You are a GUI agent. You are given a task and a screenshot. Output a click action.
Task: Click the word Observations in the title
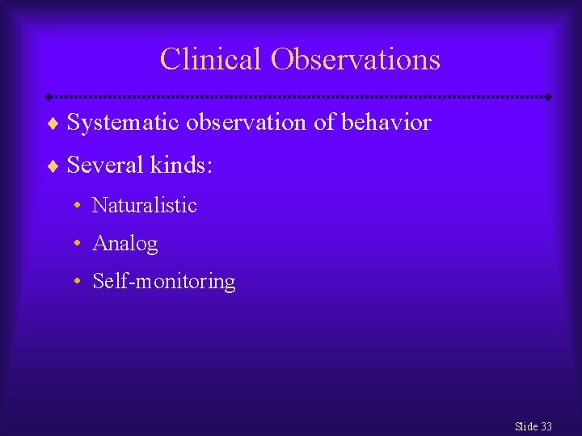(356, 60)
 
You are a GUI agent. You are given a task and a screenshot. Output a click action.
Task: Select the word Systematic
(124, 123)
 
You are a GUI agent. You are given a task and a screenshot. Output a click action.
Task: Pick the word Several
(104, 166)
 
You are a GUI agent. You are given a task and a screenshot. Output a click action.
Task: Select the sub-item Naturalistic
(145, 205)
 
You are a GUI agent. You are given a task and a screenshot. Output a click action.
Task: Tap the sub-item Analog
(125, 243)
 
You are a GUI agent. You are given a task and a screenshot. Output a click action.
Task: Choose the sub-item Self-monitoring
(164, 282)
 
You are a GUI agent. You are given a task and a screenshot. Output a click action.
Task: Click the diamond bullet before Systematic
(53, 124)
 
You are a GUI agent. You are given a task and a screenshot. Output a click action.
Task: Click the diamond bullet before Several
(53, 167)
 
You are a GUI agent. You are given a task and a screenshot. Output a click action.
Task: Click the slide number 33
(546, 426)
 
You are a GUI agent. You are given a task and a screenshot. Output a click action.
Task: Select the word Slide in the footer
(525, 426)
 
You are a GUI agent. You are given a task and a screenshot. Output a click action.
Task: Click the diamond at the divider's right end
(549, 97)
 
